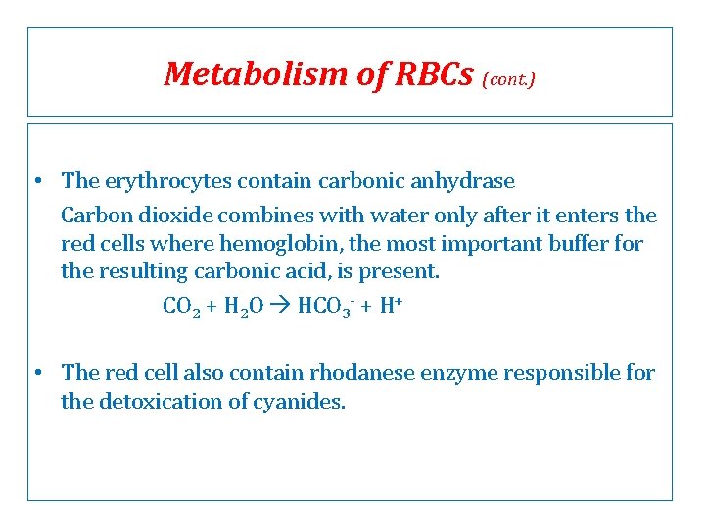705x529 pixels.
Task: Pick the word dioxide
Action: point(168,216)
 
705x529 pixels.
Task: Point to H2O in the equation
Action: point(243,307)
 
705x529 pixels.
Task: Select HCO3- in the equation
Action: point(319,307)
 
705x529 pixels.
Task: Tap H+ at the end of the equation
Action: point(393,307)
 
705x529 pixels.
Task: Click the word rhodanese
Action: point(364,373)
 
